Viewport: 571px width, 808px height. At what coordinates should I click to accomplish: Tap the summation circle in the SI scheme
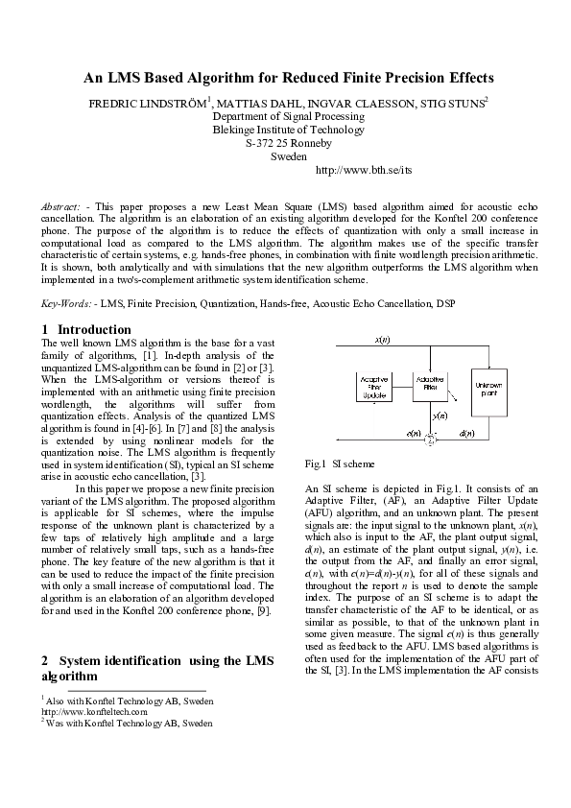[431, 440]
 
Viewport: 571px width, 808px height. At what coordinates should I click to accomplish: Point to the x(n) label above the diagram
[381, 341]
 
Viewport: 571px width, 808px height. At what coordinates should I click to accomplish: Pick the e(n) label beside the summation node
[414, 434]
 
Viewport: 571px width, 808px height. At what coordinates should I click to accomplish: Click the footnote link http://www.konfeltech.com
[94, 712]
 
